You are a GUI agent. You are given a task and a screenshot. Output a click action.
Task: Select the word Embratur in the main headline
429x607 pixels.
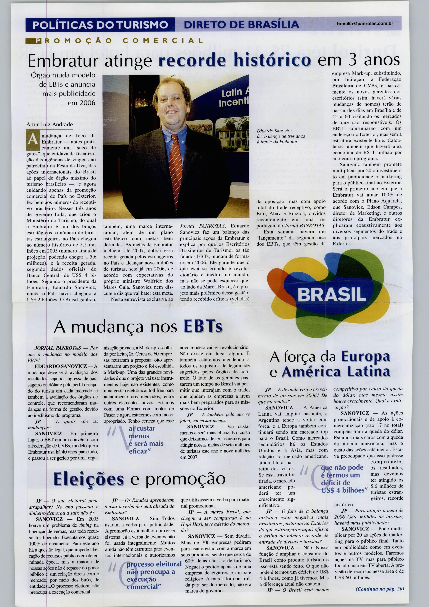63,61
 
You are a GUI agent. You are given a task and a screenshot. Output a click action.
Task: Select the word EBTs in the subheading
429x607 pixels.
203,327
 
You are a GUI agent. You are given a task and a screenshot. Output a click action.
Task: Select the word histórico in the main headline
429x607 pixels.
269,61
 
